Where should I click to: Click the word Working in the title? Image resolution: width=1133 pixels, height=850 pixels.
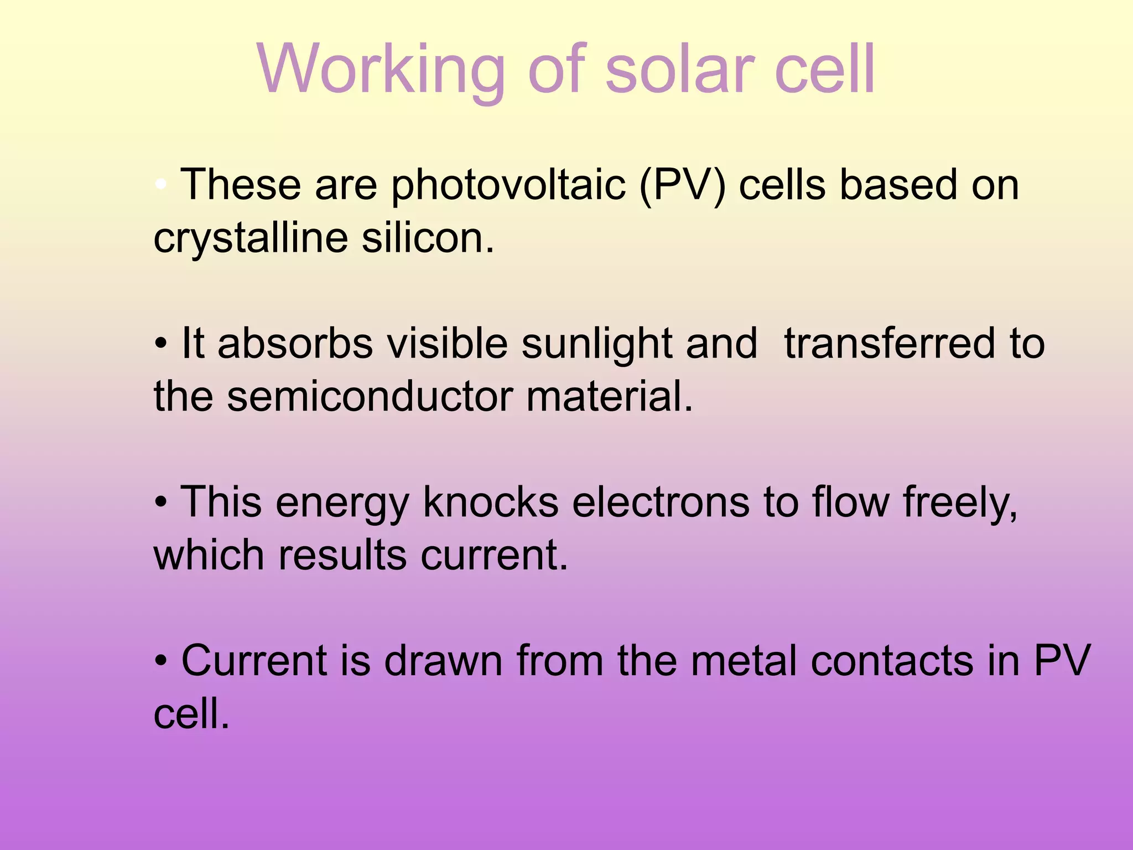[x=381, y=70]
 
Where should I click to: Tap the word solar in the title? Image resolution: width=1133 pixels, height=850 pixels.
[x=680, y=70]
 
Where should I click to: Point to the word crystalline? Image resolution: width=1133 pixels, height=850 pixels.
[x=251, y=239]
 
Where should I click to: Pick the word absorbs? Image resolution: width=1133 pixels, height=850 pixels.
[x=295, y=343]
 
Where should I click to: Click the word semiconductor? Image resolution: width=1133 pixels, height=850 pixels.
[x=370, y=397]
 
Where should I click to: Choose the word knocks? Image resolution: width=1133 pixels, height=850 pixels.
[x=491, y=502]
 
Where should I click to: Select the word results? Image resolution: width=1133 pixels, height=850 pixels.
[x=342, y=555]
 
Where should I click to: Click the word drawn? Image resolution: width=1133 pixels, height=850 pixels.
[x=443, y=660]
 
